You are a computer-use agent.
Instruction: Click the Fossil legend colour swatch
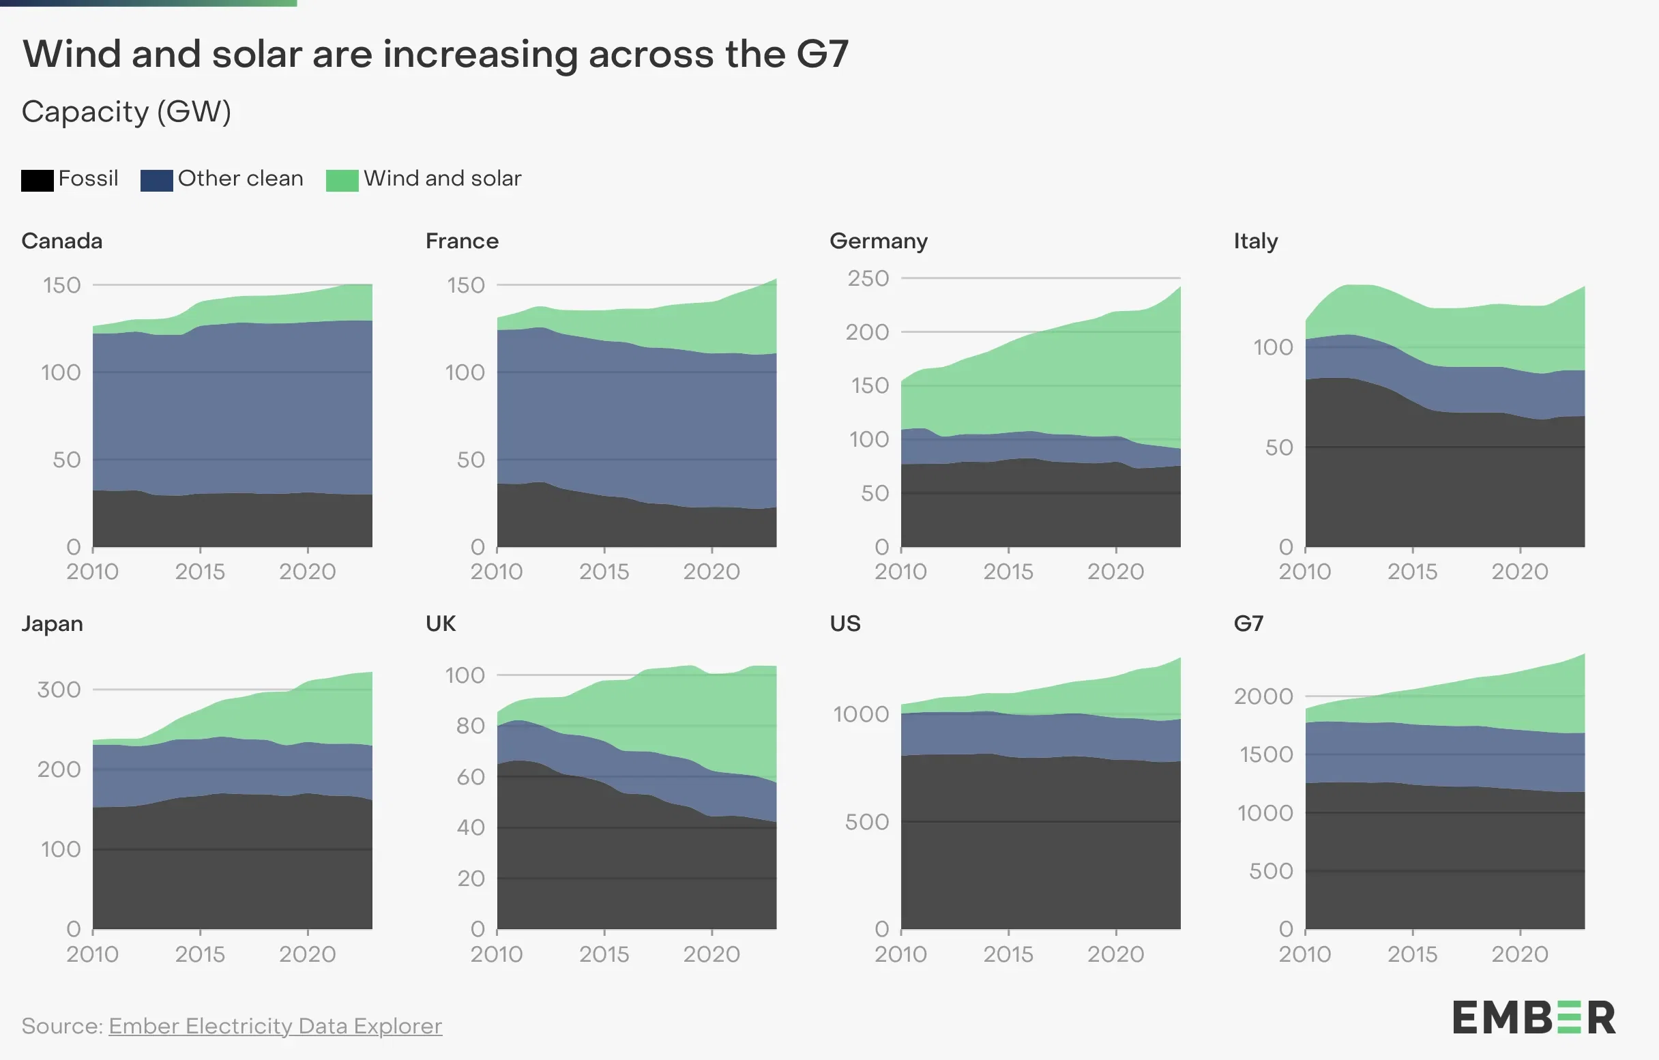tap(38, 181)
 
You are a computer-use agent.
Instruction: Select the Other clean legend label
tap(239, 179)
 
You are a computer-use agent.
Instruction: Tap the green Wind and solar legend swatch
tap(342, 181)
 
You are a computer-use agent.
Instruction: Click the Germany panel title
tap(879, 241)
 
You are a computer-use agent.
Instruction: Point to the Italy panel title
tap(1255, 241)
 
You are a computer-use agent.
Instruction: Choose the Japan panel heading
tap(53, 624)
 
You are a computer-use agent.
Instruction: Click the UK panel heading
tap(440, 624)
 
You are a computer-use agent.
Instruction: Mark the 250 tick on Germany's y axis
tap(868, 278)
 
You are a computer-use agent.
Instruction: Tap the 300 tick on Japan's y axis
tap(59, 690)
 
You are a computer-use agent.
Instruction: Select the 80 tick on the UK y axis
tap(471, 726)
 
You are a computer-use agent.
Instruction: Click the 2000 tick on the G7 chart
tap(1263, 696)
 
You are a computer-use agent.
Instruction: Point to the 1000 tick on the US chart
tap(860, 714)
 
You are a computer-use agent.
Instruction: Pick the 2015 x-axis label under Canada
tap(200, 572)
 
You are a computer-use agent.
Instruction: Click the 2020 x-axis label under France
tap(711, 572)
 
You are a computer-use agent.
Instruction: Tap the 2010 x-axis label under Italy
tap(1304, 572)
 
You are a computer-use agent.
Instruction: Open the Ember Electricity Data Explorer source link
tap(275, 1027)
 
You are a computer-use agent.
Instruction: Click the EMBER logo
tap(1533, 1018)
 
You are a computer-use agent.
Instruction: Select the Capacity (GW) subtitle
tap(126, 112)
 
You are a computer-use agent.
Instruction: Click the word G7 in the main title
tap(822, 54)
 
